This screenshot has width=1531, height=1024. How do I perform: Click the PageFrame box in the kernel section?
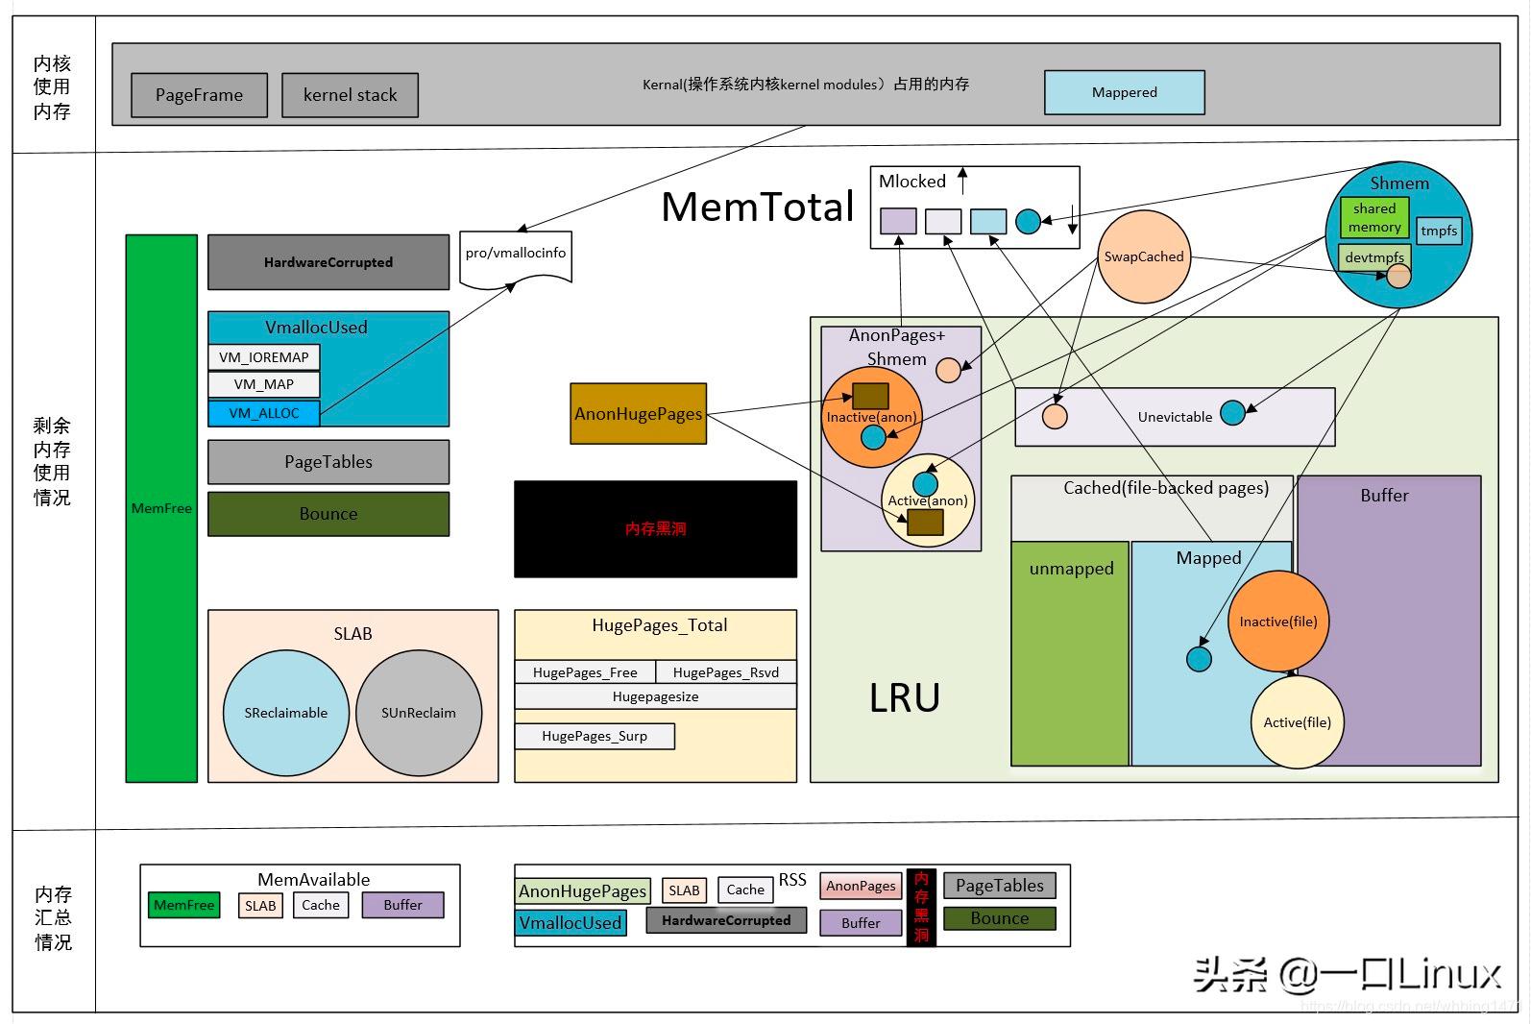click(x=199, y=95)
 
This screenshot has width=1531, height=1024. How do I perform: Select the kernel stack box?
click(x=350, y=95)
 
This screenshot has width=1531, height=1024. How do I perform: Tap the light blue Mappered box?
click(x=1124, y=92)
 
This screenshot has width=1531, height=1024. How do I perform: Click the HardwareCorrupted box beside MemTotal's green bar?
click(x=328, y=262)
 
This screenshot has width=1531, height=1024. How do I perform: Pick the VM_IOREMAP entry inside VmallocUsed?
click(x=264, y=357)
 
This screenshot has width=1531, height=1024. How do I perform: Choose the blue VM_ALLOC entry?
click(x=264, y=413)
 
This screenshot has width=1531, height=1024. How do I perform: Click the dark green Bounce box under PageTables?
click(x=328, y=514)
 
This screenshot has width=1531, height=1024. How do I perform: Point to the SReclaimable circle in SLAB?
click(x=285, y=713)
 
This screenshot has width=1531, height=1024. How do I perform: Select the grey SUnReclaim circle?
click(x=419, y=713)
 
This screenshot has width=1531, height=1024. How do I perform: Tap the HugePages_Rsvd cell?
click(x=726, y=672)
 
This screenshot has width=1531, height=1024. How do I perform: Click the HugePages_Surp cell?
click(x=595, y=736)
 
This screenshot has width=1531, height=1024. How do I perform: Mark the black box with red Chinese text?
click(x=655, y=528)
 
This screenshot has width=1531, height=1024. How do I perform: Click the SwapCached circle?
click(x=1143, y=256)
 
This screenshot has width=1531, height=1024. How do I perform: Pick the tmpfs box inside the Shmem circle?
click(x=1439, y=231)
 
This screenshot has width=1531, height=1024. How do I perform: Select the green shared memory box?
click(x=1374, y=218)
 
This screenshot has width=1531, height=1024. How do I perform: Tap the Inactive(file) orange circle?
click(x=1277, y=622)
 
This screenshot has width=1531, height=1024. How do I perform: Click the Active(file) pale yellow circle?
click(x=1297, y=722)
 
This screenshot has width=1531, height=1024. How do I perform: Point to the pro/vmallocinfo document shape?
click(x=516, y=256)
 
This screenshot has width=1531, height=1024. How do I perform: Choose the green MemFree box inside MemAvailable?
click(x=184, y=905)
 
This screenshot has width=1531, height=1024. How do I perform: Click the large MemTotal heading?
click(x=758, y=207)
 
